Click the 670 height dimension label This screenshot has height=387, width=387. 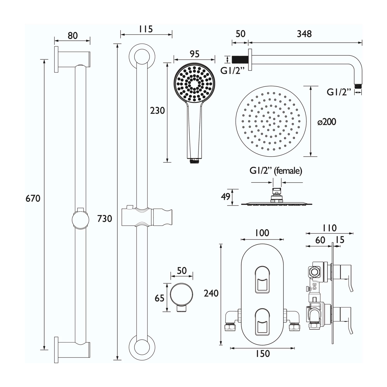(x=33, y=198)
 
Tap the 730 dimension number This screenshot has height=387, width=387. (x=104, y=219)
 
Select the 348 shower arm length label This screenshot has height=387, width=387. (x=304, y=34)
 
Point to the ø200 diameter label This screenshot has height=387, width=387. (x=327, y=122)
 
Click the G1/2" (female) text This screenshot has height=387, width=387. (x=276, y=171)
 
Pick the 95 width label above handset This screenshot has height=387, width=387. (x=195, y=54)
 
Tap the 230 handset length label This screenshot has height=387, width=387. (x=157, y=111)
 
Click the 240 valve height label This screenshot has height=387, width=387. (x=211, y=293)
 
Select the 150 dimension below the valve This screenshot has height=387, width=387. (x=262, y=354)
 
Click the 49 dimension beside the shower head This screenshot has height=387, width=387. (x=226, y=197)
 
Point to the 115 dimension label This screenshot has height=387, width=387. (x=146, y=29)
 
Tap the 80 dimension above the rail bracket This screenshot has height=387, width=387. (x=73, y=36)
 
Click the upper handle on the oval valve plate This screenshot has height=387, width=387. (x=262, y=280)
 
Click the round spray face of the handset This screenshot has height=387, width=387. (x=194, y=84)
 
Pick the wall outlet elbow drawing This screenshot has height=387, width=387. (x=182, y=297)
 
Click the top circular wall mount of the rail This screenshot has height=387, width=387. (x=142, y=55)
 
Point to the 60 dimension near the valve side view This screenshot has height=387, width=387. (x=320, y=240)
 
